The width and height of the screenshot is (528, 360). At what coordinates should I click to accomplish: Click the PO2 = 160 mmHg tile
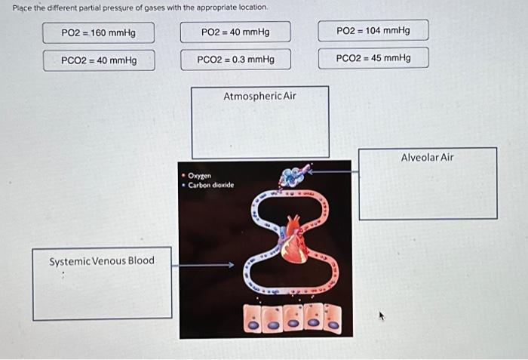[99, 32]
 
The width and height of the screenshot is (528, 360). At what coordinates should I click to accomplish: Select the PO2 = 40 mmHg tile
[235, 32]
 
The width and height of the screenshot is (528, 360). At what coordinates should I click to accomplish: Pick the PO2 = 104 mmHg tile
[373, 30]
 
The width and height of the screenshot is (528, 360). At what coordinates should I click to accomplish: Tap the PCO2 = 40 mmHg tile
[99, 60]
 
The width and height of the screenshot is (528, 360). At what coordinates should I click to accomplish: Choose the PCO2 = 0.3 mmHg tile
[235, 59]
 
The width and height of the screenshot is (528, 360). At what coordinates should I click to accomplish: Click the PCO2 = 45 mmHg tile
[373, 57]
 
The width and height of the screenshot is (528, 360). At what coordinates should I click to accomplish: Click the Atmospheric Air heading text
[259, 96]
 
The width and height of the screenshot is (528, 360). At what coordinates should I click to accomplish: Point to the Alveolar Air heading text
[427, 157]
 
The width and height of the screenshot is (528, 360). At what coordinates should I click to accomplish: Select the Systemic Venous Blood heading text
[101, 260]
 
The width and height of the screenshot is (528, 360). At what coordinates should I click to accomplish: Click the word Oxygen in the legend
[200, 175]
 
